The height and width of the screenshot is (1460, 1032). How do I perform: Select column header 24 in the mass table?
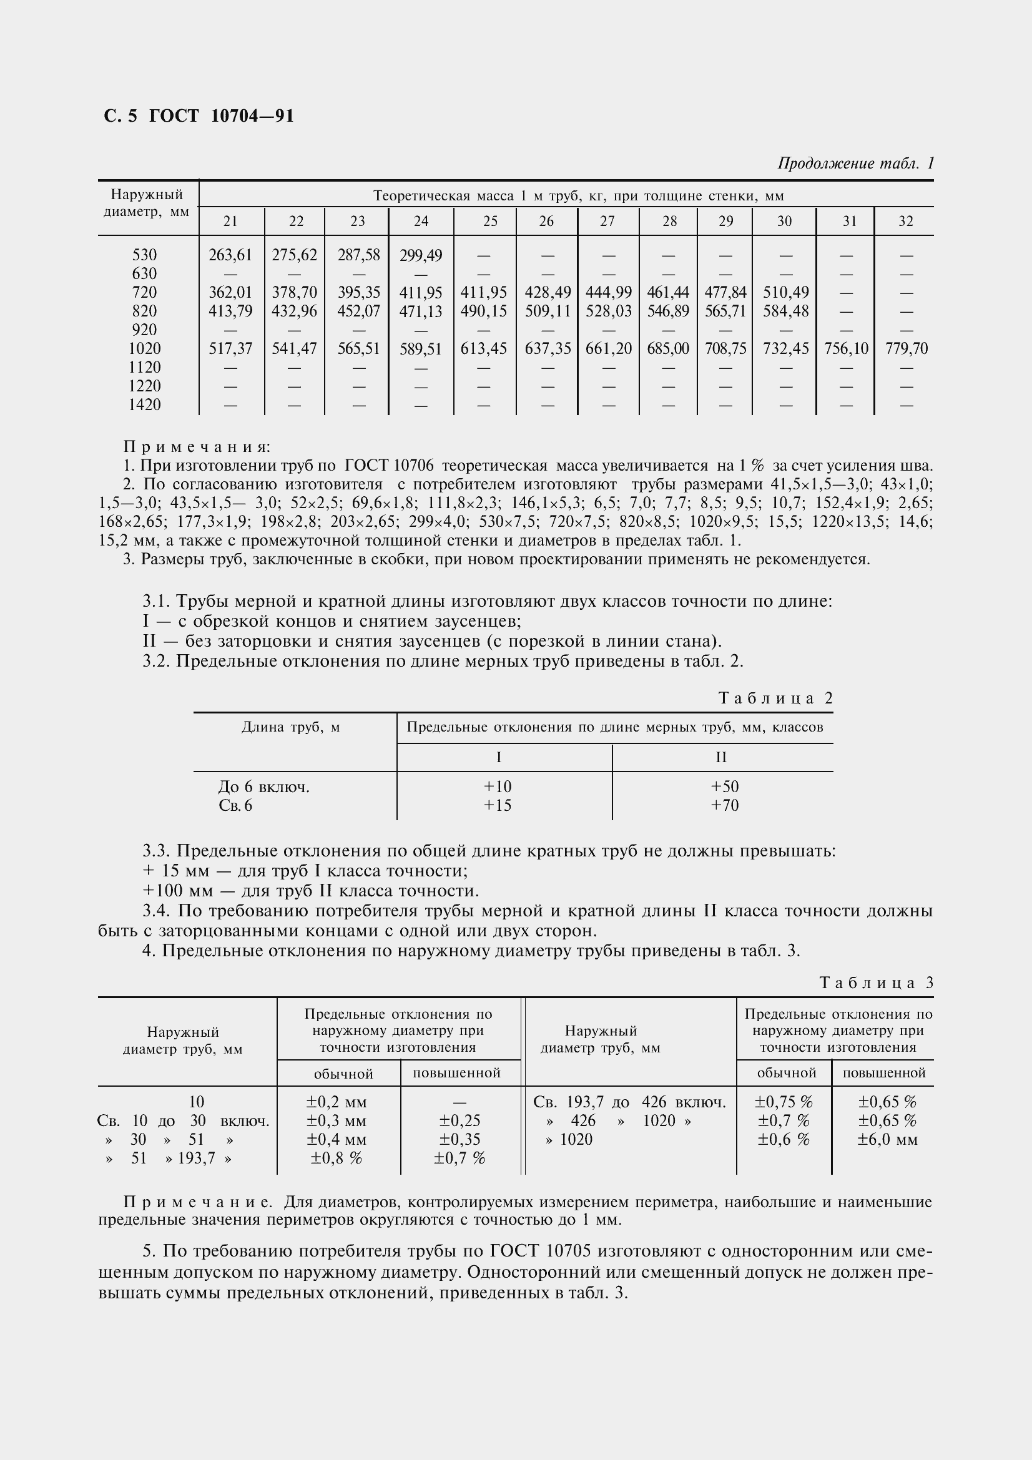tap(421, 222)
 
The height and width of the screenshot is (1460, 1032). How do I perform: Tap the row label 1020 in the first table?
tap(144, 348)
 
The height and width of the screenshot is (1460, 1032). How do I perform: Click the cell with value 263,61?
tap(230, 255)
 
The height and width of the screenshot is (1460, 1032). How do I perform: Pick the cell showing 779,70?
tap(906, 348)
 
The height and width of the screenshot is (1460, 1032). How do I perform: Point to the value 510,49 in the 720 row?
tap(785, 293)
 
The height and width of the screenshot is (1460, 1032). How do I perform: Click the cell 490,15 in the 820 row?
tap(484, 311)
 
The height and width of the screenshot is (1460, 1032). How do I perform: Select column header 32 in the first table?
tap(905, 222)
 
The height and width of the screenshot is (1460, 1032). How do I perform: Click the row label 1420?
tap(144, 405)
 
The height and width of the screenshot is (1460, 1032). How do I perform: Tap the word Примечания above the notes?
tap(197, 447)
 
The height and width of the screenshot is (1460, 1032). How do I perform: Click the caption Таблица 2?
tap(775, 698)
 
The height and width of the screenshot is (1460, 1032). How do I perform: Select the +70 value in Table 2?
tap(724, 806)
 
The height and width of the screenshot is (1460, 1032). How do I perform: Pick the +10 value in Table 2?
tap(497, 786)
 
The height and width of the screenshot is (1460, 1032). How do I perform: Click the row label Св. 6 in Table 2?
tap(235, 806)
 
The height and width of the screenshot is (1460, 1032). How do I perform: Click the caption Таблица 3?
tap(876, 983)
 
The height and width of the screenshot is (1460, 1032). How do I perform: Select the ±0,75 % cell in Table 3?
tap(783, 1102)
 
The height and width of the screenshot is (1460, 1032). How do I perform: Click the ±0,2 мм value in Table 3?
tap(338, 1102)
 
